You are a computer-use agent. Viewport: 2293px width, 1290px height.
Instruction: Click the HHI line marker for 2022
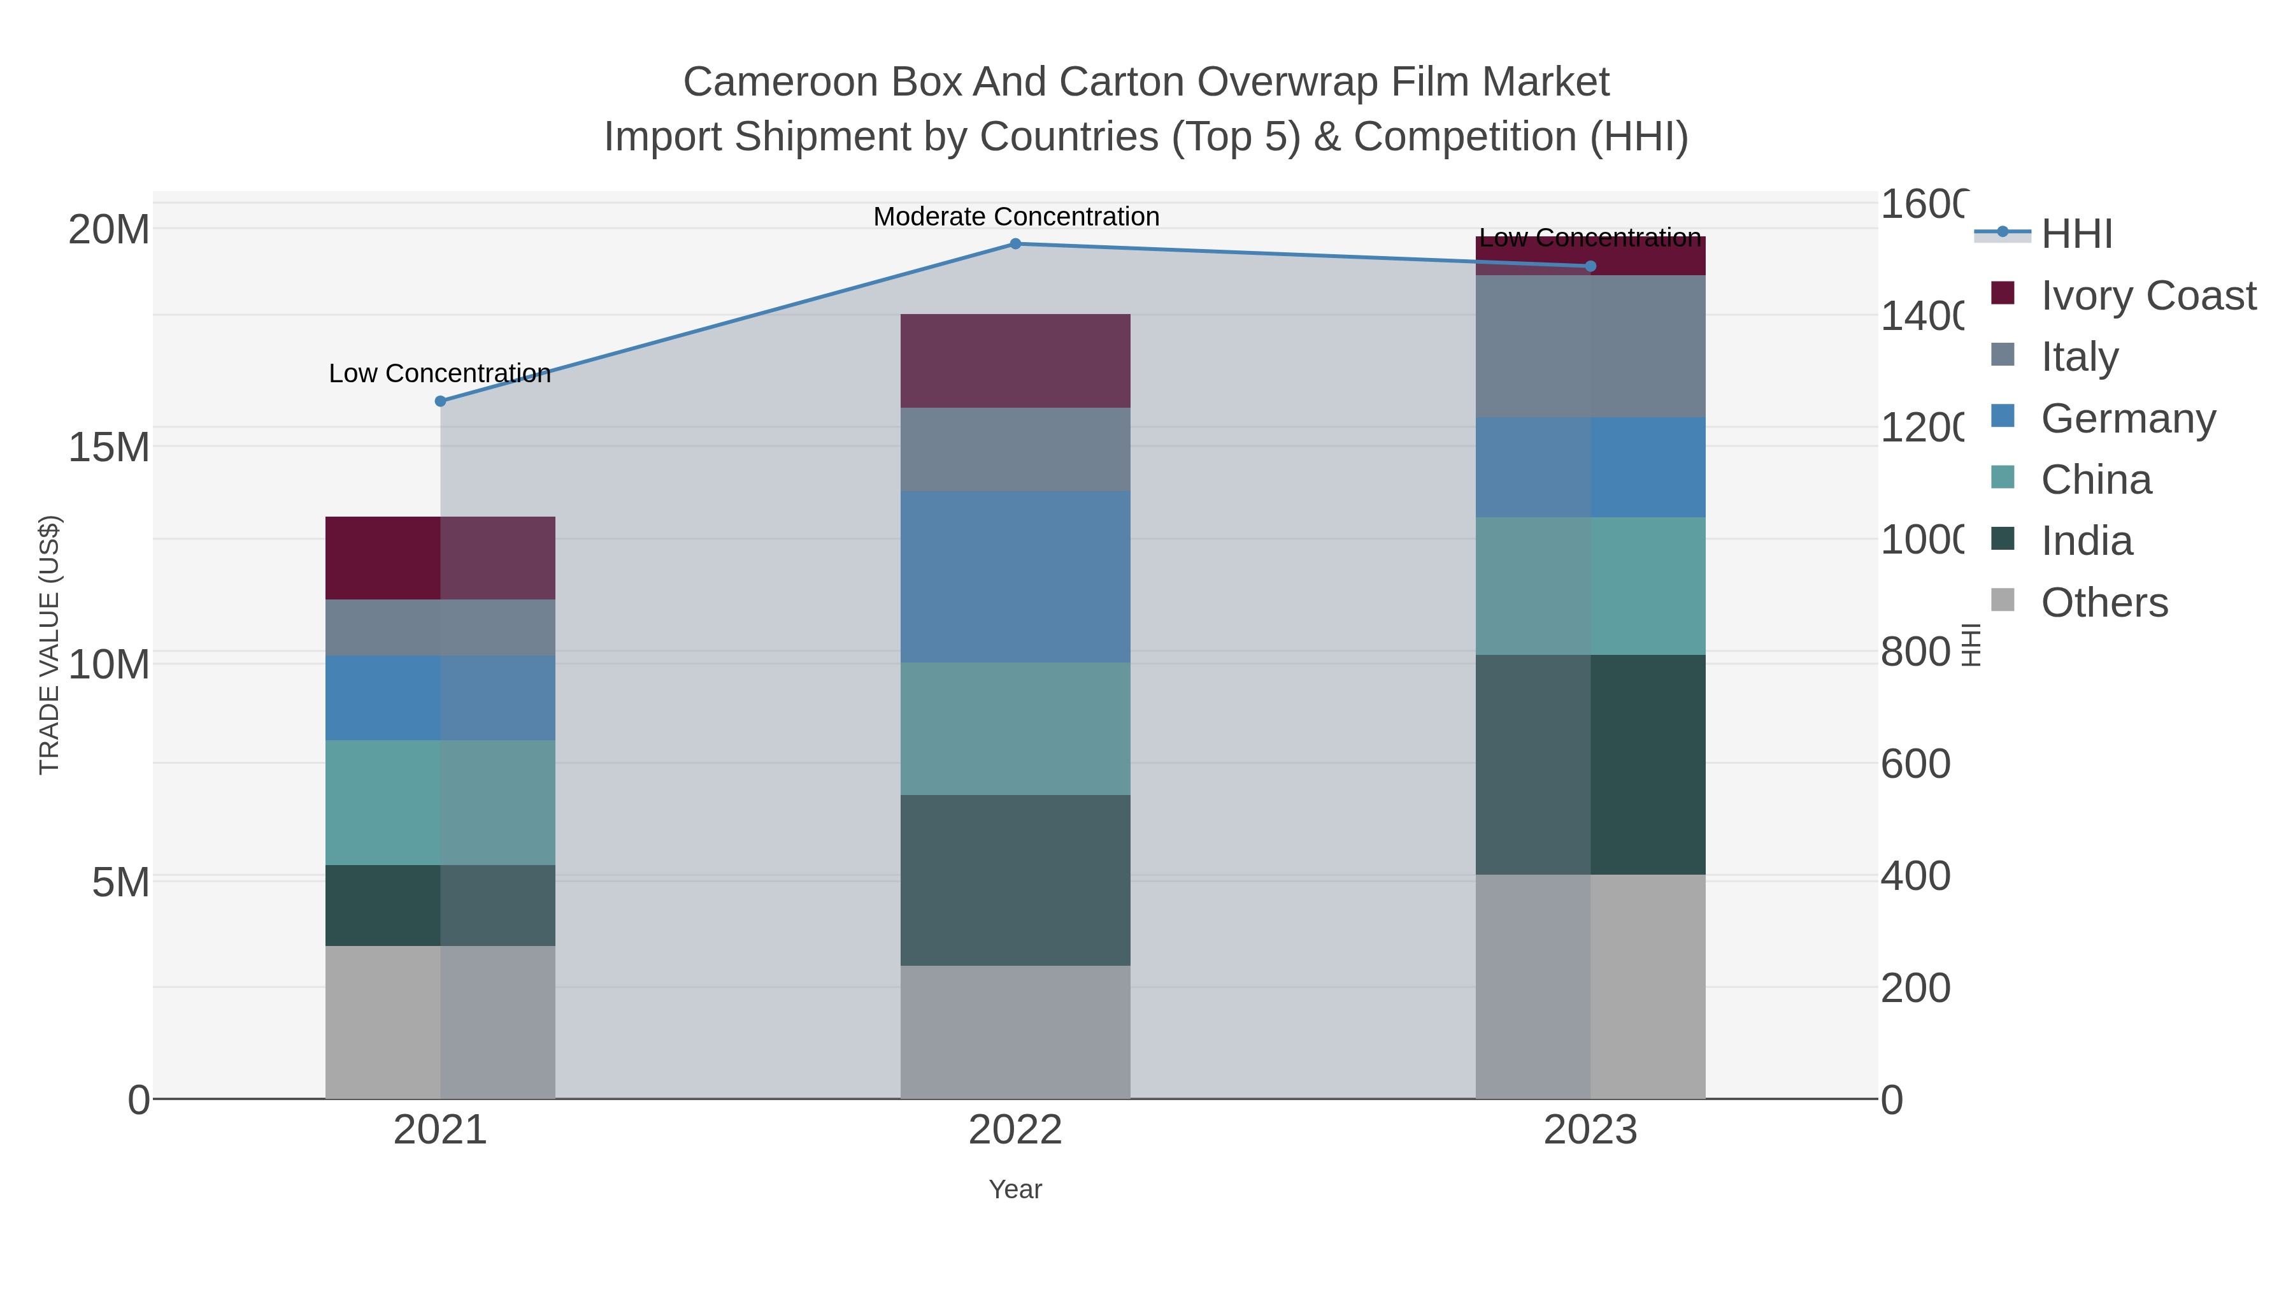pos(1015,244)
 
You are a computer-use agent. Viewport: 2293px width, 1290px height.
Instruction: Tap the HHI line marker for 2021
pos(439,401)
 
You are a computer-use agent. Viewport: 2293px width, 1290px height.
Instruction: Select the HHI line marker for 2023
pos(1590,266)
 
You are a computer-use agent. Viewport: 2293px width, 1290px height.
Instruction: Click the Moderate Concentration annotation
pos(1016,217)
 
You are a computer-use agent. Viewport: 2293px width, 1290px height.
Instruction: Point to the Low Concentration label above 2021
pos(439,373)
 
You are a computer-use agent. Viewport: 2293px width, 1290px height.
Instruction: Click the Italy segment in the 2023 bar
pos(1590,347)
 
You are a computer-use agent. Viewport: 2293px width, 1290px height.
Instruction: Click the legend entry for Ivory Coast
pos(2147,296)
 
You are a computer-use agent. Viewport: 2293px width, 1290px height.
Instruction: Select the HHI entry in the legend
pos(2076,234)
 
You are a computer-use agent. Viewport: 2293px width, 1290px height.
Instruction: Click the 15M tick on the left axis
pos(108,447)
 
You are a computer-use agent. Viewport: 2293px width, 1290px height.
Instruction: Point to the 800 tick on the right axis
pos(1915,652)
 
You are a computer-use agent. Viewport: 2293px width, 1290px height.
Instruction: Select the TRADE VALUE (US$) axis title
pos(50,645)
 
